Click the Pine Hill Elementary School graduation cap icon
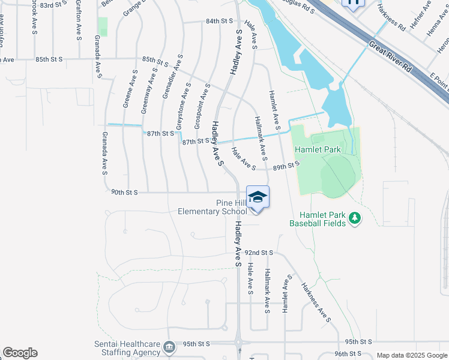[x=258, y=197]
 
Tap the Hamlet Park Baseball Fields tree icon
[x=355, y=217]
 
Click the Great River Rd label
[x=391, y=57]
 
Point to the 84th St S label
[x=219, y=20]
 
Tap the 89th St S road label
[x=286, y=165]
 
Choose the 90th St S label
[x=125, y=192]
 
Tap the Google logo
[x=20, y=353]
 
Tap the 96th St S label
[x=348, y=353]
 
